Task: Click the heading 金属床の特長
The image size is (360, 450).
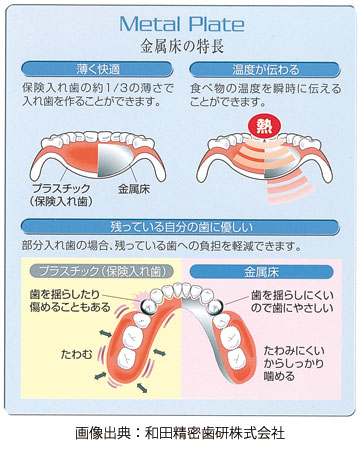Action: pyautogui.click(x=181, y=45)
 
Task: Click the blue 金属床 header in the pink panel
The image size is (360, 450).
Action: pyautogui.click(x=265, y=270)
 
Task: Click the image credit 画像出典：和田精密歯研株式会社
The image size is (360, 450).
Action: pyautogui.click(x=180, y=434)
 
